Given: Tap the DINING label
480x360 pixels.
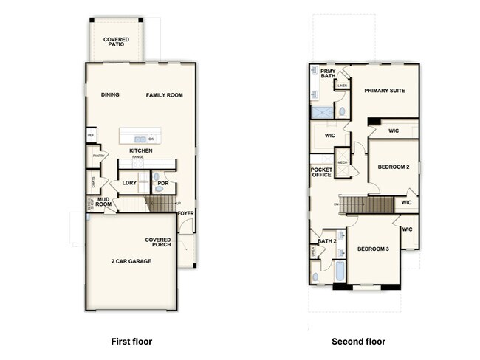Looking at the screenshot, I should click(x=110, y=95).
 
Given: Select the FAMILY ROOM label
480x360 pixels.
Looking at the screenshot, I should click(x=163, y=95).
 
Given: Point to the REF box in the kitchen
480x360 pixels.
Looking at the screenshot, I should click(x=91, y=135).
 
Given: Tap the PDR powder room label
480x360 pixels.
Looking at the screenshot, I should click(x=163, y=183).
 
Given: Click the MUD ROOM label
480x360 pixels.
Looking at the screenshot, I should click(x=103, y=201).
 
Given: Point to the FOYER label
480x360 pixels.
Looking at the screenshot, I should click(x=186, y=214).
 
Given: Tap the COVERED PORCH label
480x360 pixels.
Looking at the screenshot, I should click(x=158, y=242).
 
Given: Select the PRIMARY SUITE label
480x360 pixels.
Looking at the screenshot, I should click(x=384, y=91).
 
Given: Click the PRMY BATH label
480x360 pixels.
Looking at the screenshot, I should click(x=327, y=75).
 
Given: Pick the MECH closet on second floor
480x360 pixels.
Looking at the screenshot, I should click(x=342, y=162).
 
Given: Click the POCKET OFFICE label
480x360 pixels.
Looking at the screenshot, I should click(x=322, y=173).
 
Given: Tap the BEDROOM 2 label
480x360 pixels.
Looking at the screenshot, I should click(x=393, y=167).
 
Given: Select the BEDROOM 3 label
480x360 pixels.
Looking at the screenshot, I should click(x=373, y=249).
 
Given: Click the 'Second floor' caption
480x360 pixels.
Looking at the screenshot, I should click(x=358, y=342).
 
